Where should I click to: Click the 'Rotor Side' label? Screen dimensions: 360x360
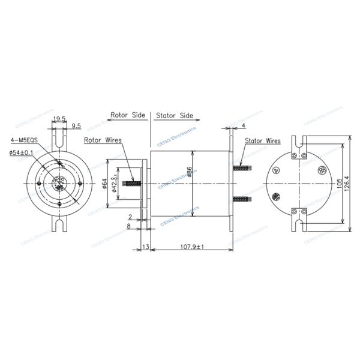(x=128, y=114)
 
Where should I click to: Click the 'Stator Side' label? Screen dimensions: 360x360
(x=175, y=114)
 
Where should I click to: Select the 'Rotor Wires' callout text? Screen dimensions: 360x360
(x=103, y=140)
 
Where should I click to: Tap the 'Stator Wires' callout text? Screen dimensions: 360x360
(x=263, y=142)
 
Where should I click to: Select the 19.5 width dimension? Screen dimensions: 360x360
(x=59, y=119)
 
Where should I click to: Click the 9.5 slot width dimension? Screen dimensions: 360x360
(x=76, y=127)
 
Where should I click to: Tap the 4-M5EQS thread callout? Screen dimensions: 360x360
(x=24, y=140)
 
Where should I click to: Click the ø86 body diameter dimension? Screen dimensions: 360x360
(x=190, y=173)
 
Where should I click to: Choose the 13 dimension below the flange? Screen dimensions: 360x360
(x=145, y=247)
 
